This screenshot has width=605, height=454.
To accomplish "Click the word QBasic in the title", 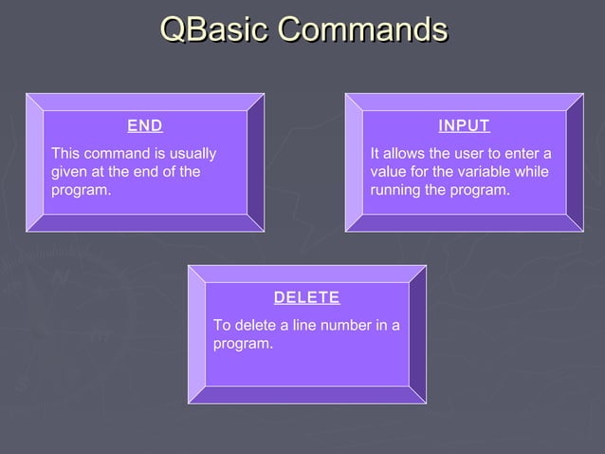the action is pyautogui.click(x=214, y=29).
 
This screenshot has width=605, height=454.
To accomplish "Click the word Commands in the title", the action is pyautogui.click(x=362, y=29).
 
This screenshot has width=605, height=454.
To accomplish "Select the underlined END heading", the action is pyautogui.click(x=145, y=125).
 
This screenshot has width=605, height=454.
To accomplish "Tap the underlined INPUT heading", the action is pyautogui.click(x=464, y=125).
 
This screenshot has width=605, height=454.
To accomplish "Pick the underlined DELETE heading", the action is pyautogui.click(x=307, y=297).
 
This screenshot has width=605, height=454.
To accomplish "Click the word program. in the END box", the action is pyautogui.click(x=81, y=191).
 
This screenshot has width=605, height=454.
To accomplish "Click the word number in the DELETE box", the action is pyautogui.click(x=340, y=326).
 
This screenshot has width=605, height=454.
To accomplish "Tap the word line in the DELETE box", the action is pyautogui.click(x=304, y=326).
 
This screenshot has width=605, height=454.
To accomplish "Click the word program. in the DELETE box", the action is pyautogui.click(x=243, y=344).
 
